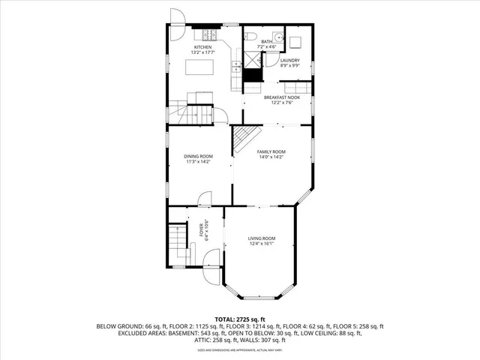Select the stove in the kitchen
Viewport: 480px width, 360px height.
click(x=207, y=34)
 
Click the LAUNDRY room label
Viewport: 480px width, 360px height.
click(x=289, y=60)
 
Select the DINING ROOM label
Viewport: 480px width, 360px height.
click(x=199, y=156)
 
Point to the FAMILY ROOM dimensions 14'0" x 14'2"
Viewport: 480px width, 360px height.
click(x=271, y=157)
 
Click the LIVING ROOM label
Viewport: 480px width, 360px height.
click(x=262, y=238)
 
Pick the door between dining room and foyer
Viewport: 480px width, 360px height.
click(x=203, y=199)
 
